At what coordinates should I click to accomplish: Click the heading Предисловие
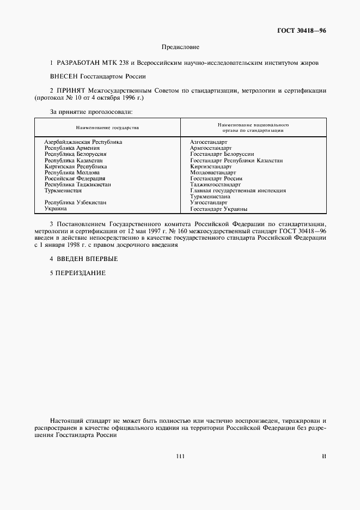(x=180, y=48)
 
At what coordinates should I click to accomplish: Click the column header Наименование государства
(x=107, y=127)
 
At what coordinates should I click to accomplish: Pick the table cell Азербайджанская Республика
(x=83, y=142)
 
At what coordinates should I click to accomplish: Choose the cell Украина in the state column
(x=56, y=209)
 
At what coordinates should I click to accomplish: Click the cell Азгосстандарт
(x=209, y=142)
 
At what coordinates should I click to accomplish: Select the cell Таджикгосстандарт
(x=215, y=185)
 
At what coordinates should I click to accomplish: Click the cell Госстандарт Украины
(x=219, y=209)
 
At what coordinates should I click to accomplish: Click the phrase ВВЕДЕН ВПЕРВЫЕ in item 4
(x=87, y=258)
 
